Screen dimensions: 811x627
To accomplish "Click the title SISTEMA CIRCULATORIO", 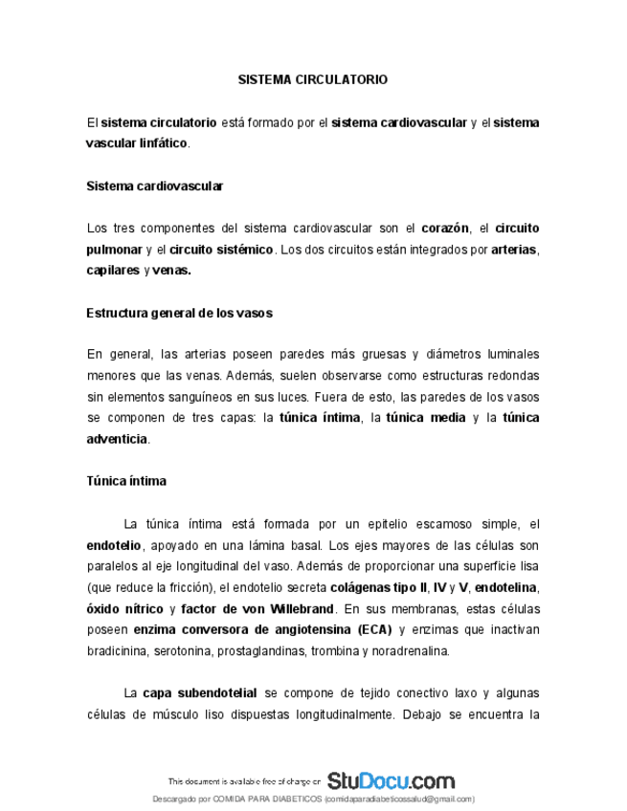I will [x=313, y=80].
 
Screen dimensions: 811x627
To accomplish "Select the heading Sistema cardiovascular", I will [x=154, y=186].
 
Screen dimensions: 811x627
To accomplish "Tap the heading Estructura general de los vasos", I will [x=179, y=313].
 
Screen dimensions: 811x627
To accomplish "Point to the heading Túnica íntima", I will [x=126, y=481].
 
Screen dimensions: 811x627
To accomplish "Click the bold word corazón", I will [x=445, y=228].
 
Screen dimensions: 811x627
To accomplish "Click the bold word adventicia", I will [x=117, y=439].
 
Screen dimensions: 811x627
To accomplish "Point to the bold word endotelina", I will [x=505, y=587].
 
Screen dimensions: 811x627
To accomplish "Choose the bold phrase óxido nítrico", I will [x=124, y=609].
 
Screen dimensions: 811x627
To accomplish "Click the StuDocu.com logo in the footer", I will [x=391, y=781].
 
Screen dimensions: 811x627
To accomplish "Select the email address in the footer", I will [x=398, y=800].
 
